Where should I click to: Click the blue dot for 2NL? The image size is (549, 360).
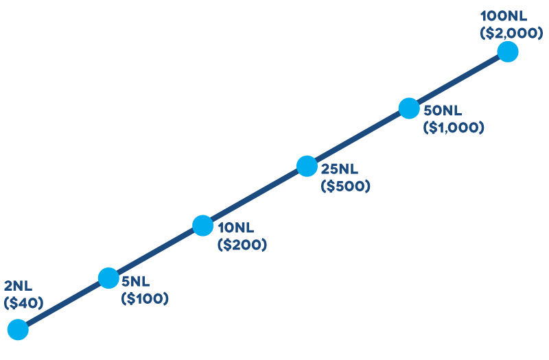pos(17,330)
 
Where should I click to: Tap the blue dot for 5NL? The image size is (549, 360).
pos(108,278)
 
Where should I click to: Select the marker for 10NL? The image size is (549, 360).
pos(202,225)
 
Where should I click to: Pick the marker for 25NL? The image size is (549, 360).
pos(307,166)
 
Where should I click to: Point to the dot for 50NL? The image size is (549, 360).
pos(408,108)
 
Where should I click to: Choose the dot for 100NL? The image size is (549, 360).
pos(507,51)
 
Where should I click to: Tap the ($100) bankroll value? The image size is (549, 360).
pos(144,298)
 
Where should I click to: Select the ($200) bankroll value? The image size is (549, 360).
pos(242,244)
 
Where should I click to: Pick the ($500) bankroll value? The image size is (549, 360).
pos(345,185)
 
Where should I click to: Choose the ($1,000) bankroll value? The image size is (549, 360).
pos(454,127)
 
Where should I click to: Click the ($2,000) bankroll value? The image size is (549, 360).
pos(504,32)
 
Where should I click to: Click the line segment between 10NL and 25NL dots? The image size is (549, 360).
pos(255,195)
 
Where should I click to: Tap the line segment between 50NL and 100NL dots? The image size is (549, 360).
pos(458,80)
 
